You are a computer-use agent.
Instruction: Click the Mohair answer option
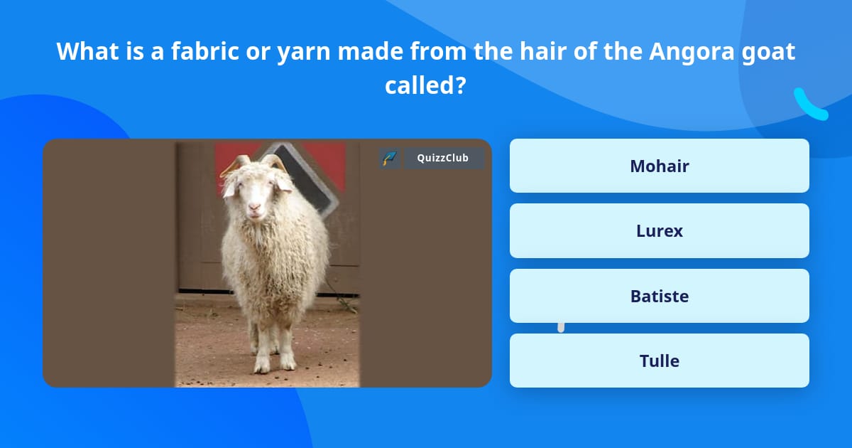(x=659, y=166)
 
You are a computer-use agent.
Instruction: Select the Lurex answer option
(x=659, y=230)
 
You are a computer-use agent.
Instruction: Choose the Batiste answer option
(x=659, y=296)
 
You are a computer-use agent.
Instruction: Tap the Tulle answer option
(x=659, y=361)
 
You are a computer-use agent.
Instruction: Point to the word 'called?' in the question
(x=425, y=85)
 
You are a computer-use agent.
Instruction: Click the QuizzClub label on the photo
(x=442, y=158)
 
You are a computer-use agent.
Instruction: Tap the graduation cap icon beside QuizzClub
(x=389, y=158)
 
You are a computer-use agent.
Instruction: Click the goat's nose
(x=253, y=208)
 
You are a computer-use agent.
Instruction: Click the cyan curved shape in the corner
(x=809, y=105)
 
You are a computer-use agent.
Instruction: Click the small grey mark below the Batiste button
(x=561, y=327)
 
